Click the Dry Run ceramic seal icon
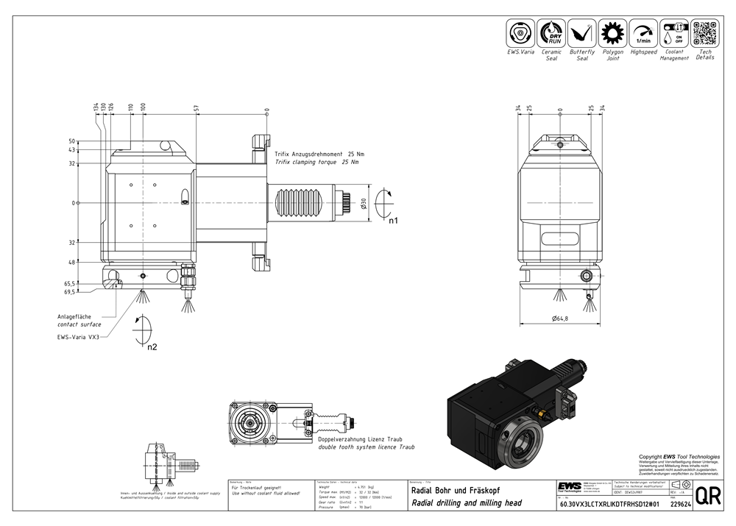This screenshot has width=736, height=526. [x=551, y=34]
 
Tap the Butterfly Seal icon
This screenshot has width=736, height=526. [x=582, y=34]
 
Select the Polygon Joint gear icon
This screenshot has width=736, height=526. [x=612, y=34]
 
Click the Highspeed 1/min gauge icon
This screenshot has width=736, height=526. [x=643, y=34]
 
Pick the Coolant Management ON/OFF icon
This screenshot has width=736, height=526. [x=674, y=34]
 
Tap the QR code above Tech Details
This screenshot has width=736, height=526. [x=705, y=34]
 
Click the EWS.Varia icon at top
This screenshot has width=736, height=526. [x=520, y=34]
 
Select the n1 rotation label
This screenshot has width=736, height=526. [x=393, y=221]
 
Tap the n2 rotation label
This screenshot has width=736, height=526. [x=152, y=346]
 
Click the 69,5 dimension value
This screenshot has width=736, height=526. [x=71, y=292]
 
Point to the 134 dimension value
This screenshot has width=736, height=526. [x=96, y=107]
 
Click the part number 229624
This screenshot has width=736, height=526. [x=681, y=505]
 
